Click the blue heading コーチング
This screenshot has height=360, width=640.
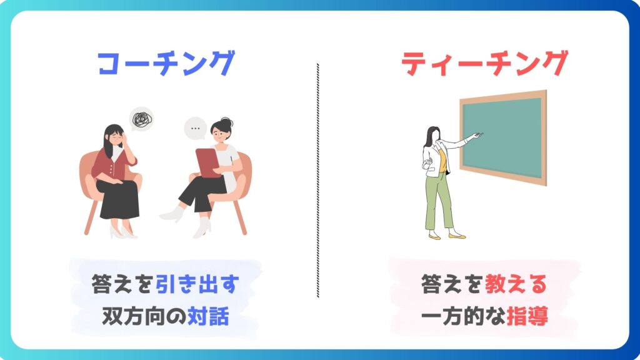pyautogui.click(x=166, y=63)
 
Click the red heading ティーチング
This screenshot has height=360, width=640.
pyautogui.click(x=484, y=63)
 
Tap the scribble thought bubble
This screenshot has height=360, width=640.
pyautogui.click(x=142, y=119)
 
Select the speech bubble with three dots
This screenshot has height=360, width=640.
pyautogui.click(x=195, y=128)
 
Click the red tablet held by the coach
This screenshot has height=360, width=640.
pyautogui.click(x=209, y=163)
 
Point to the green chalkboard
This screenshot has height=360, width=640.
pyautogui.click(x=503, y=137)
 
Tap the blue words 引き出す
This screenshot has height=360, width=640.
pyautogui.click(x=197, y=284)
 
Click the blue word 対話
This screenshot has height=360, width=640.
pyautogui.click(x=208, y=316)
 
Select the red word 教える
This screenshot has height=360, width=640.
pyautogui.click(x=516, y=284)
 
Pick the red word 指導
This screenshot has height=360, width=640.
pyautogui.click(x=527, y=316)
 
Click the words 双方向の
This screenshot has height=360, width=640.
pyautogui.click(x=144, y=316)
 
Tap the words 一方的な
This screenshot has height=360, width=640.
pyautogui.click(x=463, y=316)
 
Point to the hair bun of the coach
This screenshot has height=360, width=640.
pyautogui.click(x=226, y=122)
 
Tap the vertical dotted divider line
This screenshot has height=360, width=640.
pyautogui.click(x=318, y=180)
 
